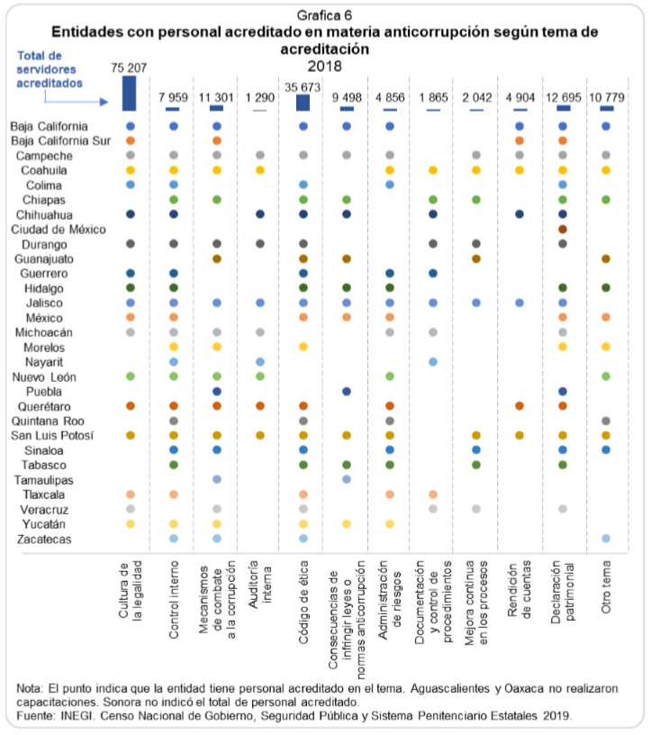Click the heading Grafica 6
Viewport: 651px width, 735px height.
coord(324,16)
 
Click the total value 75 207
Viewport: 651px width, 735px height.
coord(129,67)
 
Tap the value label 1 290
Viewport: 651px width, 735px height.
coord(259,96)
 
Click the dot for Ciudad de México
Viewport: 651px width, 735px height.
coord(563,229)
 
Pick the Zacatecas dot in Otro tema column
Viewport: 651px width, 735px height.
coord(606,538)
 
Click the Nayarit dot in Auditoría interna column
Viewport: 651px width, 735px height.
coord(259,361)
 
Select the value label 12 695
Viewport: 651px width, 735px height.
coord(564,96)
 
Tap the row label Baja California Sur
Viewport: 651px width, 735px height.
coord(59,141)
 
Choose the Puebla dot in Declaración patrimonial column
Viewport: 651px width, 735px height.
coord(563,391)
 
